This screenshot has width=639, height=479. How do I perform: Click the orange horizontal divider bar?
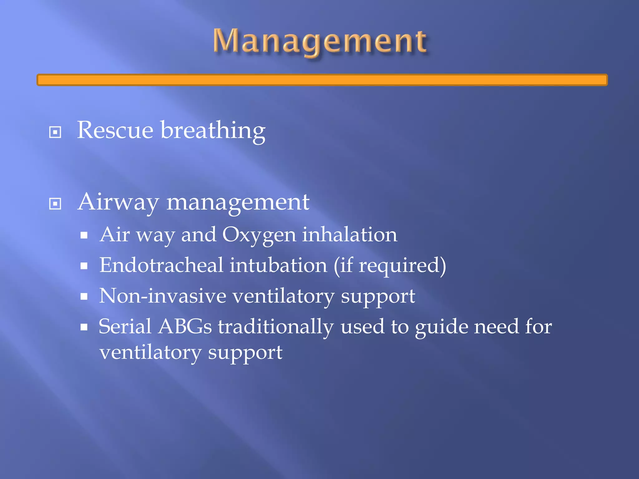coord(322,80)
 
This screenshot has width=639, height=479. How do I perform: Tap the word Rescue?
coord(115,130)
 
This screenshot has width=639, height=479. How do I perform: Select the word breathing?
coord(213,131)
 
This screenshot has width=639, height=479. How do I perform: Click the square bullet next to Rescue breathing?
coord(55,132)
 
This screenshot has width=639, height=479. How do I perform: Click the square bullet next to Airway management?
coord(55,204)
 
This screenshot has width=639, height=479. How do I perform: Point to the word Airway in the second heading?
coord(118,202)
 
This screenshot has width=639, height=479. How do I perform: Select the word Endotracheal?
coord(161,265)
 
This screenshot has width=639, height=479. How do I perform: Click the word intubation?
coord(278,265)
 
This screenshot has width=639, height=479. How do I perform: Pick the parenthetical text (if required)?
coord(390,266)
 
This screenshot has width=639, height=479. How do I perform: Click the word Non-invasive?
coord(163,296)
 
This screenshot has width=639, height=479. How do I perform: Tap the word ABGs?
coord(185,327)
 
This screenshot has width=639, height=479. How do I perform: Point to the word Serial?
coord(125,327)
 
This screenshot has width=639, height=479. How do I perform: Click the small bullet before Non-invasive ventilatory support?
coord(84,297)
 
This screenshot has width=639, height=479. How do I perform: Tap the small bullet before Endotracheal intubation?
coord(84,266)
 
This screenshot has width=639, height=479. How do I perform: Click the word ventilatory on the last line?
coord(150,353)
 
